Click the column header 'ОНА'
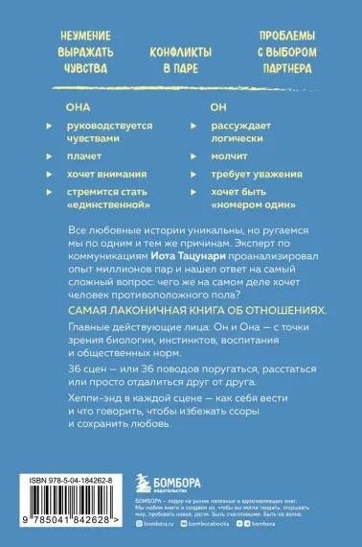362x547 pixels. pos(77,108)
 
